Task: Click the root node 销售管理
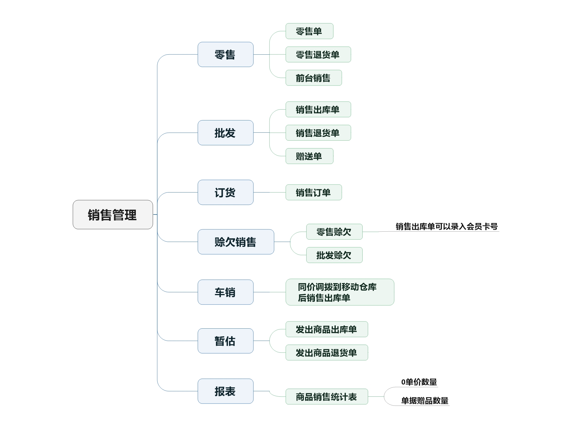[x=113, y=214]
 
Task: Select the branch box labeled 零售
[x=225, y=54]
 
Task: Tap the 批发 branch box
[x=225, y=133]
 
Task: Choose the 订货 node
[x=225, y=192]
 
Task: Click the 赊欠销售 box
[x=236, y=242]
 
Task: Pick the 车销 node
[x=225, y=292]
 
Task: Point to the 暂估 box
[x=225, y=341]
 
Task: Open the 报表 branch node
[x=225, y=391]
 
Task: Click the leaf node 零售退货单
[x=318, y=54]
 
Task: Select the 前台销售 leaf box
[x=313, y=78]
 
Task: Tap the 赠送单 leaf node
[x=309, y=156]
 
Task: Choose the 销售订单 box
[x=313, y=192]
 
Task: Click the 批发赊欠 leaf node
[x=334, y=255]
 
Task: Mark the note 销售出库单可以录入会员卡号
[x=446, y=227]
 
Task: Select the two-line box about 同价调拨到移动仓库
[x=339, y=292]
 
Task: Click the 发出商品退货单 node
[x=327, y=352]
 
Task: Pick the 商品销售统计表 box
[x=327, y=396]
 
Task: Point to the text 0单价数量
[x=419, y=382]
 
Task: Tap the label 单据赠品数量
[x=425, y=400]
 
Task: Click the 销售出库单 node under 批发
[x=318, y=109]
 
